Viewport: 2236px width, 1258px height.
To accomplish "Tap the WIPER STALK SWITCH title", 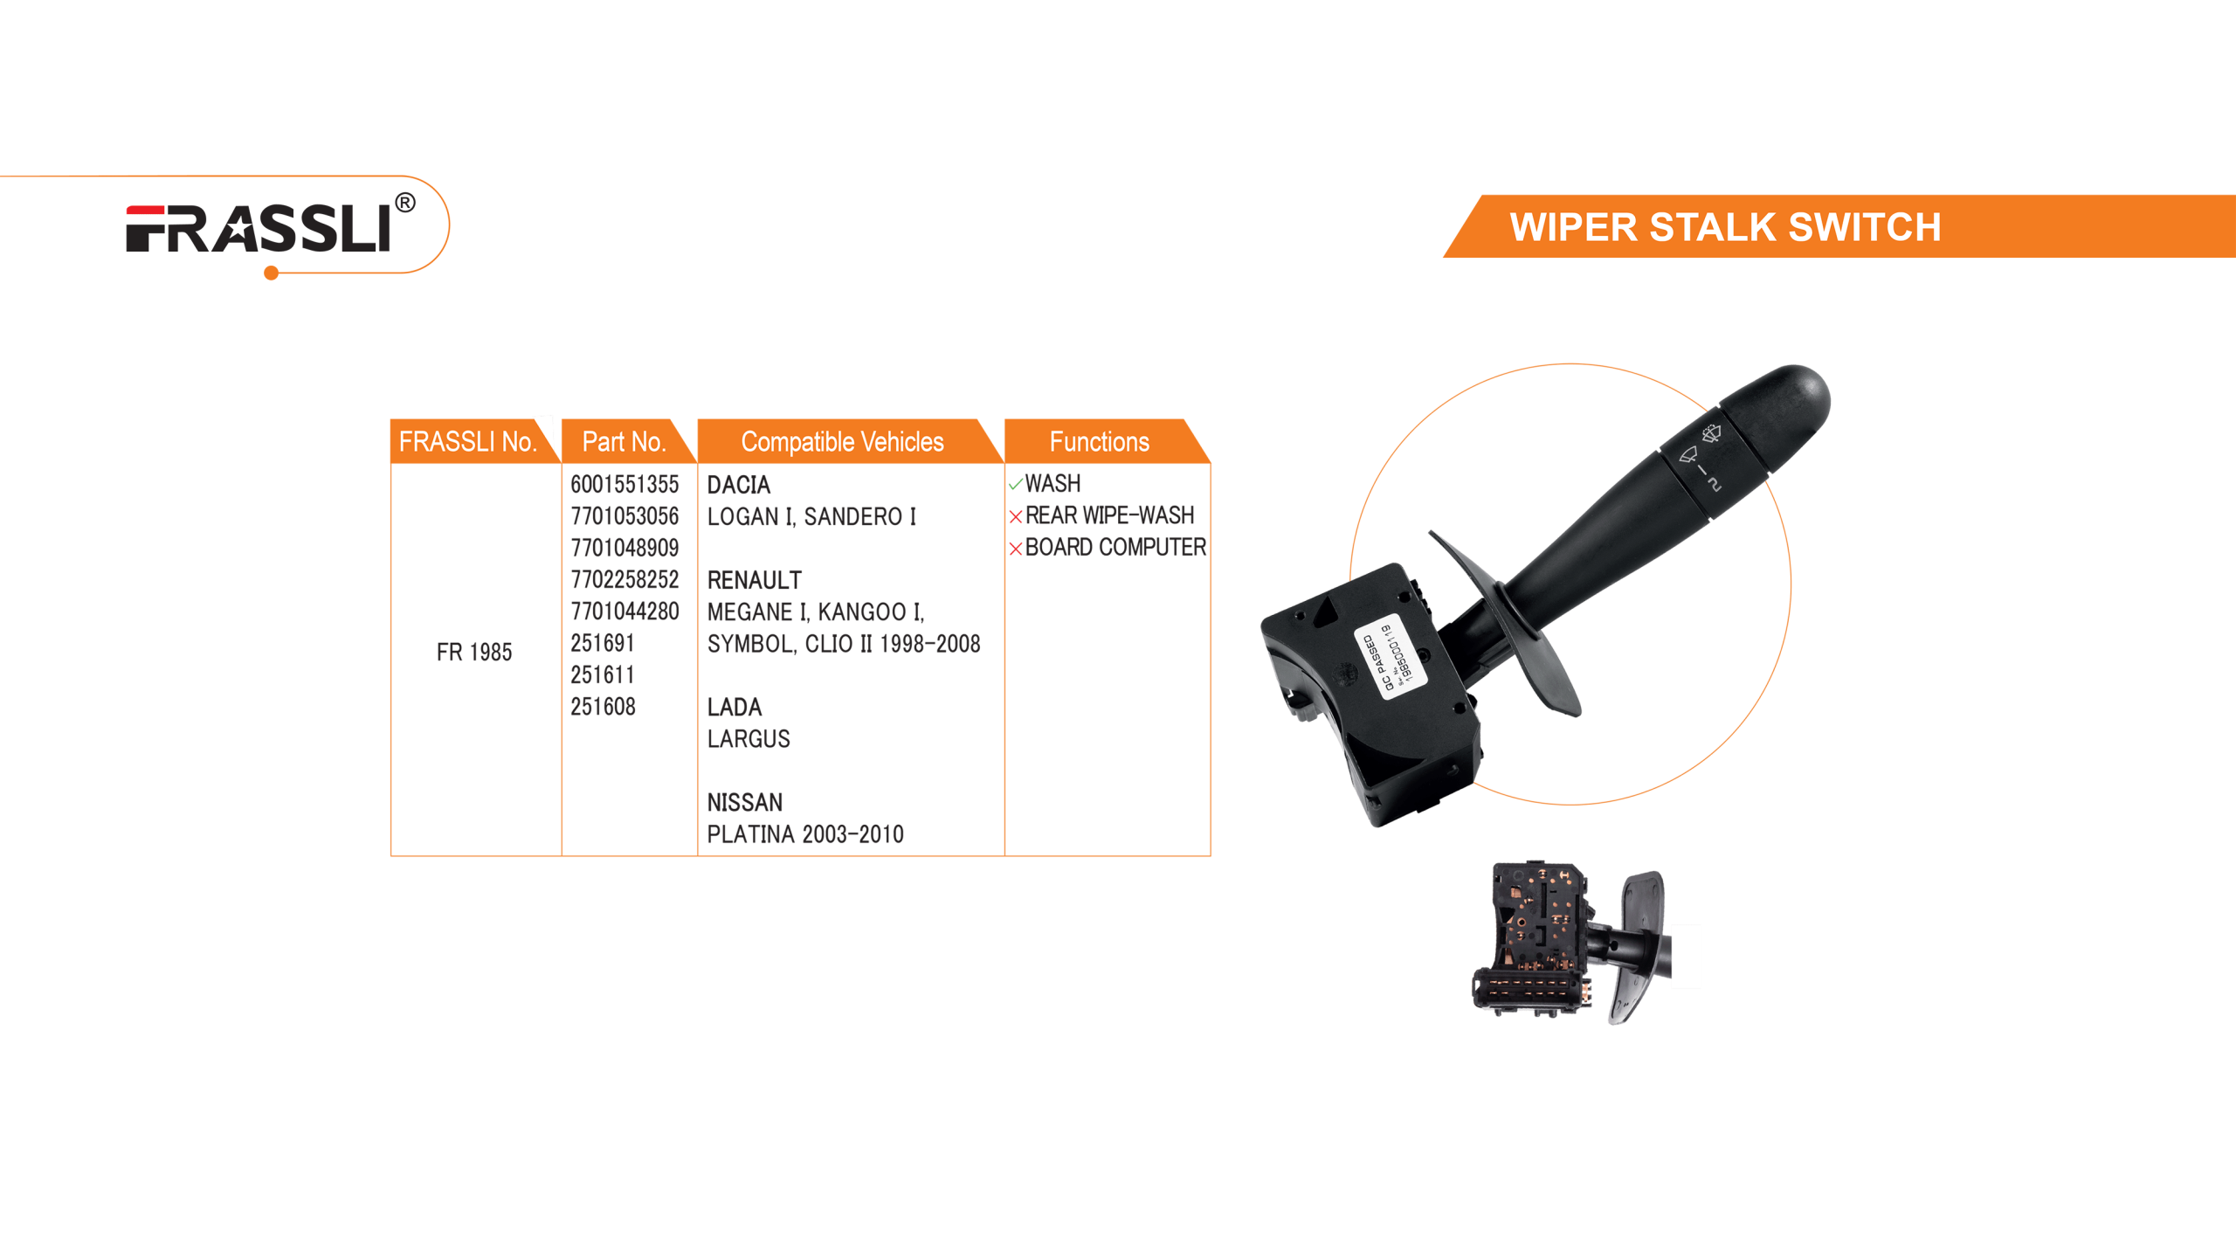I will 1725,227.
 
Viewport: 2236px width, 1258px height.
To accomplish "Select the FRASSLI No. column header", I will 467,442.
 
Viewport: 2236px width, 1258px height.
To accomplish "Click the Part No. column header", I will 624,442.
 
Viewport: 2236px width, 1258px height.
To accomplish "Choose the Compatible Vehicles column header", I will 842,442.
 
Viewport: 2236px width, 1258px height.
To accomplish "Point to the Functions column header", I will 1099,442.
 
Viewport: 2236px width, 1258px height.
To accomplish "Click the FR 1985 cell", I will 474,652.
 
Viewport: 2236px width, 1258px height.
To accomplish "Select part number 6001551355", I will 624,484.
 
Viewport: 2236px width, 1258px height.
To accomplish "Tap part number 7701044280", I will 624,612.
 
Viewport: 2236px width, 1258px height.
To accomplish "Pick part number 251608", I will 603,707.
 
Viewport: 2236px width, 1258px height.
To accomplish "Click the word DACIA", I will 738,485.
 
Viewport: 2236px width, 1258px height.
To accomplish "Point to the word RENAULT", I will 754,580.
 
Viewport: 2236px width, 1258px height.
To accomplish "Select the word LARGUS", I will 748,739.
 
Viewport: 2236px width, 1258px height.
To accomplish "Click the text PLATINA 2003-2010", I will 804,834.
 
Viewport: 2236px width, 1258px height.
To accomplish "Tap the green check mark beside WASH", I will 1015,484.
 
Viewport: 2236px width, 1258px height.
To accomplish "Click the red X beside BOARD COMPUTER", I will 1015,549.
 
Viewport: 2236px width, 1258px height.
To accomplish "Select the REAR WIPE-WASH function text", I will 1109,515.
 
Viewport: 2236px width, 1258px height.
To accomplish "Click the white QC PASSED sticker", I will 1390,653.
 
